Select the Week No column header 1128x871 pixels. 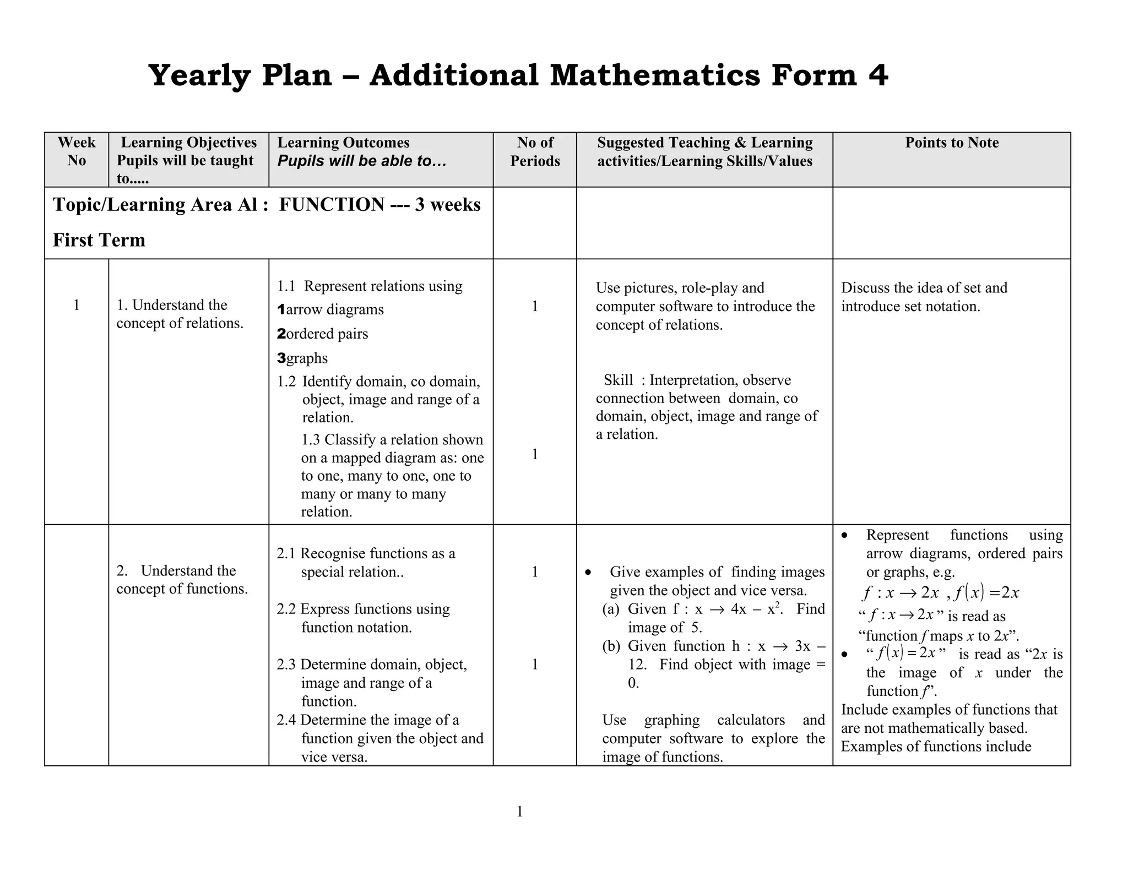(77, 151)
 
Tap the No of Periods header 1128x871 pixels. (535, 151)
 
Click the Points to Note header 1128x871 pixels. (952, 143)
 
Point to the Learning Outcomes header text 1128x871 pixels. (343, 143)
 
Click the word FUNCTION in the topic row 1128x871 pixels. (332, 205)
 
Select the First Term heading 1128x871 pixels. (99, 240)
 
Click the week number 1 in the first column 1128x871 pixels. (77, 305)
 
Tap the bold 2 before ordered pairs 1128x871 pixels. (281, 334)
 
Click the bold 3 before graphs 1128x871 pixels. (281, 358)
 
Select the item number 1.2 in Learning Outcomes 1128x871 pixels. (286, 382)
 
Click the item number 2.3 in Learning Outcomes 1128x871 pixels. (286, 665)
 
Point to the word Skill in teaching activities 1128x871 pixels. (618, 380)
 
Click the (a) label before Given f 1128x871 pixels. (611, 609)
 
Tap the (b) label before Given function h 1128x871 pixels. (611, 646)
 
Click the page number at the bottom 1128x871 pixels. (519, 812)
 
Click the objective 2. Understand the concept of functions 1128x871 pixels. (182, 580)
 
